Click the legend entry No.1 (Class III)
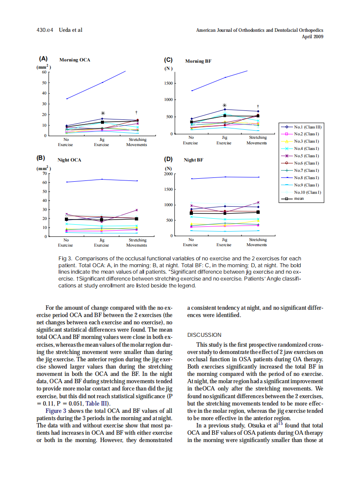[308, 127]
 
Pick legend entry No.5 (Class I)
[308, 156]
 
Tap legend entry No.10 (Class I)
[308, 192]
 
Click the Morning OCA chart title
[75, 60]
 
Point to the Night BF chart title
[193, 160]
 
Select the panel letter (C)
[168, 60]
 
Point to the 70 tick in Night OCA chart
[44, 174]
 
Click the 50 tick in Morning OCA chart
[44, 82]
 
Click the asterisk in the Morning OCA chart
[102, 113]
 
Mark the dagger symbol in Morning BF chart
[258, 106]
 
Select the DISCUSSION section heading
[204, 335]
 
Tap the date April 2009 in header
[313, 37]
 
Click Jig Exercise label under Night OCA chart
[102, 243]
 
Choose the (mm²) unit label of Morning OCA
[43, 67]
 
